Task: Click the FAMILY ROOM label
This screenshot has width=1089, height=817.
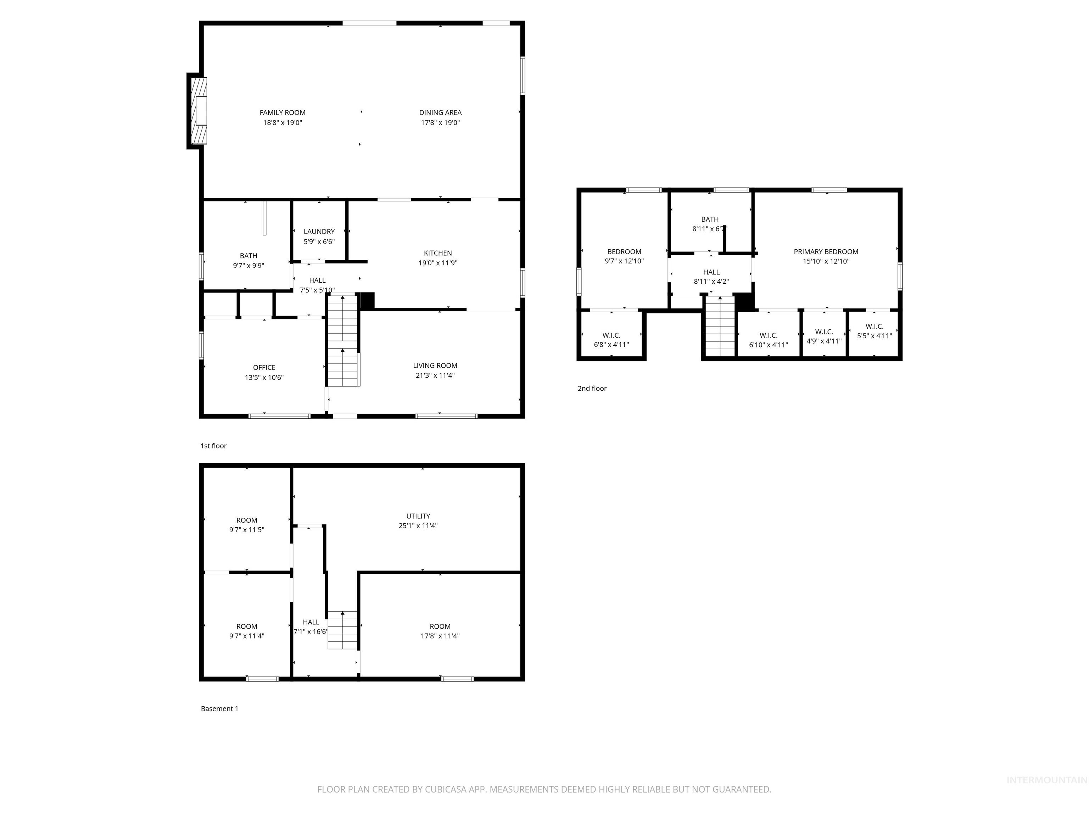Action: pos(282,112)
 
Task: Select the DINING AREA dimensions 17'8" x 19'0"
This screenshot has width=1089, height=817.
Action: pos(440,123)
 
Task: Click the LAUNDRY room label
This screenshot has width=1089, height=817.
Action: pos(319,232)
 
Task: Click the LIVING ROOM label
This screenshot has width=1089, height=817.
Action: pos(435,365)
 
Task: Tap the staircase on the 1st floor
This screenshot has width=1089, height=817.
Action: pos(343,340)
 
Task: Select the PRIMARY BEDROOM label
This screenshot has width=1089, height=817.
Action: pos(826,252)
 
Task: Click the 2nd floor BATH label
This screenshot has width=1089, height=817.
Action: pos(709,219)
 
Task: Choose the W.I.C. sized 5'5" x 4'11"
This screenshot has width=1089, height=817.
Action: pos(874,331)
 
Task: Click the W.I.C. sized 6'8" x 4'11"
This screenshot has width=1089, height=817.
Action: pos(611,340)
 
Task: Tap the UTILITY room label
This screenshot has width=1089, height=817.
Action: pos(418,516)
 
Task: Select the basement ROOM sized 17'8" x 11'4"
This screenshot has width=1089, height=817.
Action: pos(440,631)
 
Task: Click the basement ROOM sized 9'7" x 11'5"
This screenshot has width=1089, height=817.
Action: pos(247,525)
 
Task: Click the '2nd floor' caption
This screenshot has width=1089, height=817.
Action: pos(592,389)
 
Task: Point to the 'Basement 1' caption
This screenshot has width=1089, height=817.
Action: pos(219,708)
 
